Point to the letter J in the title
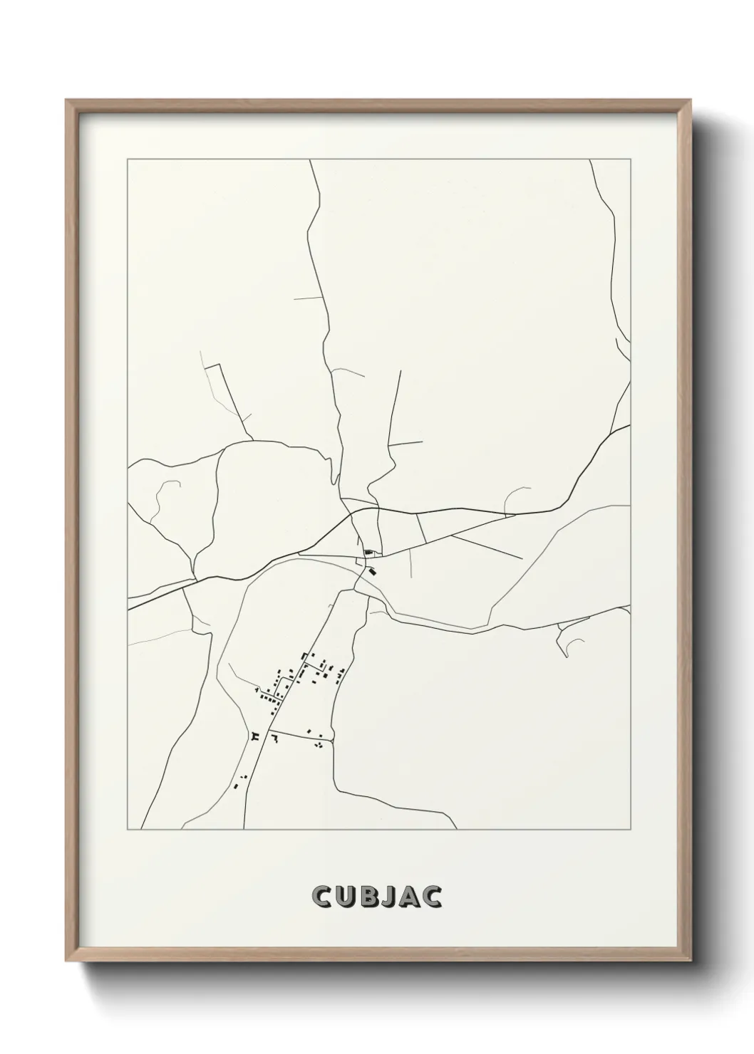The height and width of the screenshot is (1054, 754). click(389, 897)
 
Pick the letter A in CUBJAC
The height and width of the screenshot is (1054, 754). click(410, 897)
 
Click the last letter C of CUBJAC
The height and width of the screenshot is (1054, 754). click(433, 897)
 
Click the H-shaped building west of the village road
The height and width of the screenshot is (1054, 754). click(254, 735)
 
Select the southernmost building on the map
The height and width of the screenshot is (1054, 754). click(236, 786)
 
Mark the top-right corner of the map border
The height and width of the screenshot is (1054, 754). click(630, 160)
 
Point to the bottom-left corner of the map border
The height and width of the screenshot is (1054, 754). click(128, 829)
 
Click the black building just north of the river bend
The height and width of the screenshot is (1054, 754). click(368, 552)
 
